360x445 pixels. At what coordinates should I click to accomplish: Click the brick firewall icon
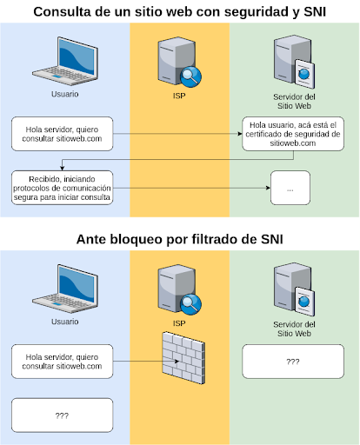point(183,358)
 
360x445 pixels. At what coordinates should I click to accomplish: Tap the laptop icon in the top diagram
point(65,61)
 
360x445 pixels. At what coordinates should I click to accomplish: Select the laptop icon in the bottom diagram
point(65,289)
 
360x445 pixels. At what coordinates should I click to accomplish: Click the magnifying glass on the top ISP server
point(190,76)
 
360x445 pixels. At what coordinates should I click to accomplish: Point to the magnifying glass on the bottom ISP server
point(190,304)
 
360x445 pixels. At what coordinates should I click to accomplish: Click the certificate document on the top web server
point(304,74)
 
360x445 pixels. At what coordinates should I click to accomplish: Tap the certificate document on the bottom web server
point(304,302)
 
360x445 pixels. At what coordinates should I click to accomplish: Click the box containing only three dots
point(290,188)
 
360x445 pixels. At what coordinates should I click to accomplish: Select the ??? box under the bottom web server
point(293,362)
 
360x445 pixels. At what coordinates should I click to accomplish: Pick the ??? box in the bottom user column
point(62,415)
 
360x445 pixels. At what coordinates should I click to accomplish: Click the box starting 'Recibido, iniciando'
point(62,188)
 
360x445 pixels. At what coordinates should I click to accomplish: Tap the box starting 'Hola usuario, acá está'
point(293,134)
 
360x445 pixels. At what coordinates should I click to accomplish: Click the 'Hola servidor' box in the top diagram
point(62,134)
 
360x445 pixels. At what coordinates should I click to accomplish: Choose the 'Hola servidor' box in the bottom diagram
point(62,362)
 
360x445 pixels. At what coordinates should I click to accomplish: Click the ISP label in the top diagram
point(179,96)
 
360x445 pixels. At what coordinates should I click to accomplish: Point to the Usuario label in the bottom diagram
point(65,322)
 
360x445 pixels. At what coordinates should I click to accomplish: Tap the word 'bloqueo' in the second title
point(135,240)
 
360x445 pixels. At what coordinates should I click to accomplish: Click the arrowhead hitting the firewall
point(177,362)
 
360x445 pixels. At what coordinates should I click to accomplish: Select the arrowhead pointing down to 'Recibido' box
point(62,168)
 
